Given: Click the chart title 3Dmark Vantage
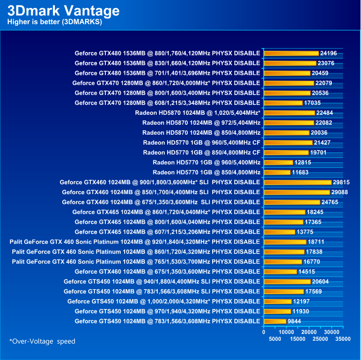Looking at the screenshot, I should [63, 10].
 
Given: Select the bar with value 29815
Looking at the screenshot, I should [298, 182].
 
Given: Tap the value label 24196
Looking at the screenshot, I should [329, 53].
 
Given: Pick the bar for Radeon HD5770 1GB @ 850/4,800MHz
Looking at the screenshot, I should [277, 172].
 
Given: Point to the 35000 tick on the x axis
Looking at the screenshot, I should [343, 339].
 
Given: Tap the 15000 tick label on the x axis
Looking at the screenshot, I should [298, 339].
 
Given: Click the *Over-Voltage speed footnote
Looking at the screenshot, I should [43, 341].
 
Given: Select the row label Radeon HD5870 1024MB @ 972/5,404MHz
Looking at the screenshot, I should [201, 122].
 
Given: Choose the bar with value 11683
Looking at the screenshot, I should [277, 172].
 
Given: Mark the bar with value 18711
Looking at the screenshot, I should [285, 242].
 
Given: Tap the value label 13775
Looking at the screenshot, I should [305, 232].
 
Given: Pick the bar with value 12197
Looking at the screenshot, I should [277, 301].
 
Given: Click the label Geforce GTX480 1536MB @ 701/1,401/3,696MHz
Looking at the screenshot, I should [167, 73].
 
